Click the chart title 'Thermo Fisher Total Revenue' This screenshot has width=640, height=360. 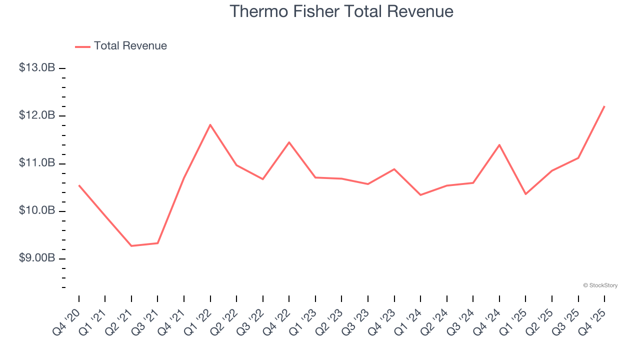[x=341, y=11]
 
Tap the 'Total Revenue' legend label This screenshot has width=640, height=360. [x=130, y=46]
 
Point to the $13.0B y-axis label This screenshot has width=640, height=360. [x=37, y=68]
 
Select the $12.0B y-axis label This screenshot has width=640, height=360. [x=37, y=115]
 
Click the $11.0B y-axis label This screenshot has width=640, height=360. [x=37, y=163]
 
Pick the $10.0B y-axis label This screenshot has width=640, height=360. [x=37, y=210]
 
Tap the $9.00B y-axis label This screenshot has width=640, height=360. [x=37, y=258]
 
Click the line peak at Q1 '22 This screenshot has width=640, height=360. [x=210, y=124]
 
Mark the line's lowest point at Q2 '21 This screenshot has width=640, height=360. [x=131, y=246]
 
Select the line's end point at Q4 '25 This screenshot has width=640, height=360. [x=604, y=106]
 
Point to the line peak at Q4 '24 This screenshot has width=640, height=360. [x=499, y=145]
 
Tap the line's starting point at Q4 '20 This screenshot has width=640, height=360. [x=79, y=185]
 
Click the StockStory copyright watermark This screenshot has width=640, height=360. [x=600, y=285]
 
